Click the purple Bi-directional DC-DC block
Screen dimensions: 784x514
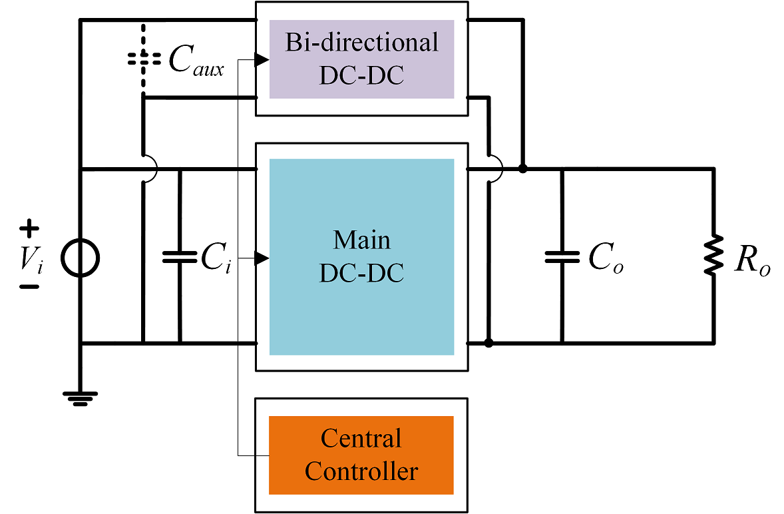coord(361,59)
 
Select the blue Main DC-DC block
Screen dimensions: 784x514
coord(361,257)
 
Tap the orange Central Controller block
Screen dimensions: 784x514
coord(361,455)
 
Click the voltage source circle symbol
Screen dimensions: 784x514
coord(80,258)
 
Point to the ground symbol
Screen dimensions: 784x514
coord(80,398)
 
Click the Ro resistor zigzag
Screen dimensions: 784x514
coord(713,256)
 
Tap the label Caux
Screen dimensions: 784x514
coord(196,61)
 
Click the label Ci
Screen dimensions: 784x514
coord(216,258)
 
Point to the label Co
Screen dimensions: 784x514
coord(606,258)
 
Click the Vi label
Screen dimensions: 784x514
coord(31,260)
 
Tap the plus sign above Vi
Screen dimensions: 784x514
coord(29,228)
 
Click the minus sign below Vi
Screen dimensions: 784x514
coord(29,287)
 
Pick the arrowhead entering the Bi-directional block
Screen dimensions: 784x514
coord(262,59)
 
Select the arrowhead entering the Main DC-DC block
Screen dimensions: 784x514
coord(262,258)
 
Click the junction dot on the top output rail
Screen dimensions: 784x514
coord(522,169)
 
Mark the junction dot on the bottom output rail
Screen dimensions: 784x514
coord(489,343)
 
